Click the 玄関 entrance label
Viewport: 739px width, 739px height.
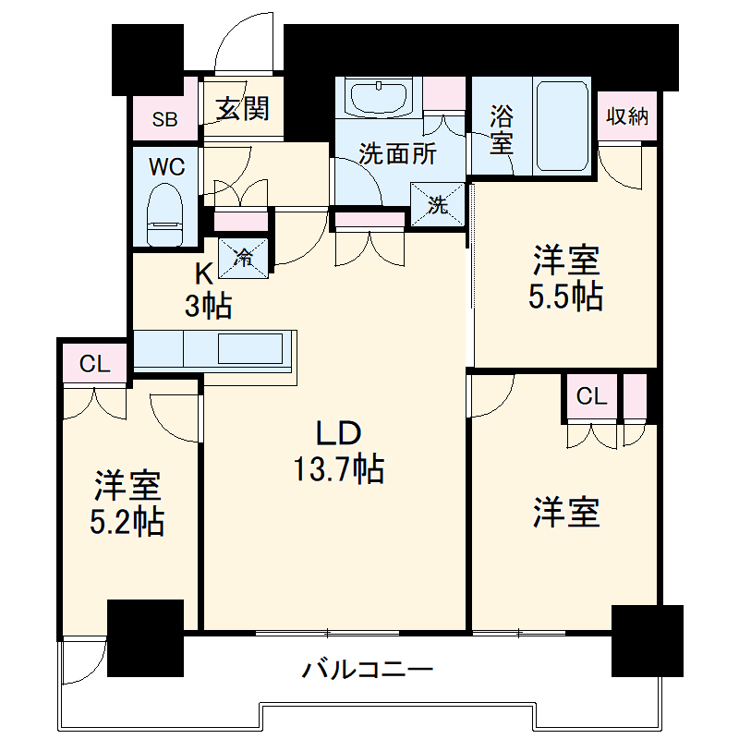click(x=244, y=109)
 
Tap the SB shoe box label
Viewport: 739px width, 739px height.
click(x=165, y=118)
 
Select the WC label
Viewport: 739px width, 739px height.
click(x=167, y=167)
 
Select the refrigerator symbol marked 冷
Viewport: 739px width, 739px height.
click(x=244, y=256)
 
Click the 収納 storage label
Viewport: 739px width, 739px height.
click(x=627, y=116)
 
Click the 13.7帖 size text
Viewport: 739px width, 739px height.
click(x=338, y=470)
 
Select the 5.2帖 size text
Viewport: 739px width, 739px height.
click(x=127, y=524)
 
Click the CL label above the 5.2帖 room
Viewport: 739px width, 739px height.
click(x=94, y=363)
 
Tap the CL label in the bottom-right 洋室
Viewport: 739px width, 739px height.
click(x=592, y=396)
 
